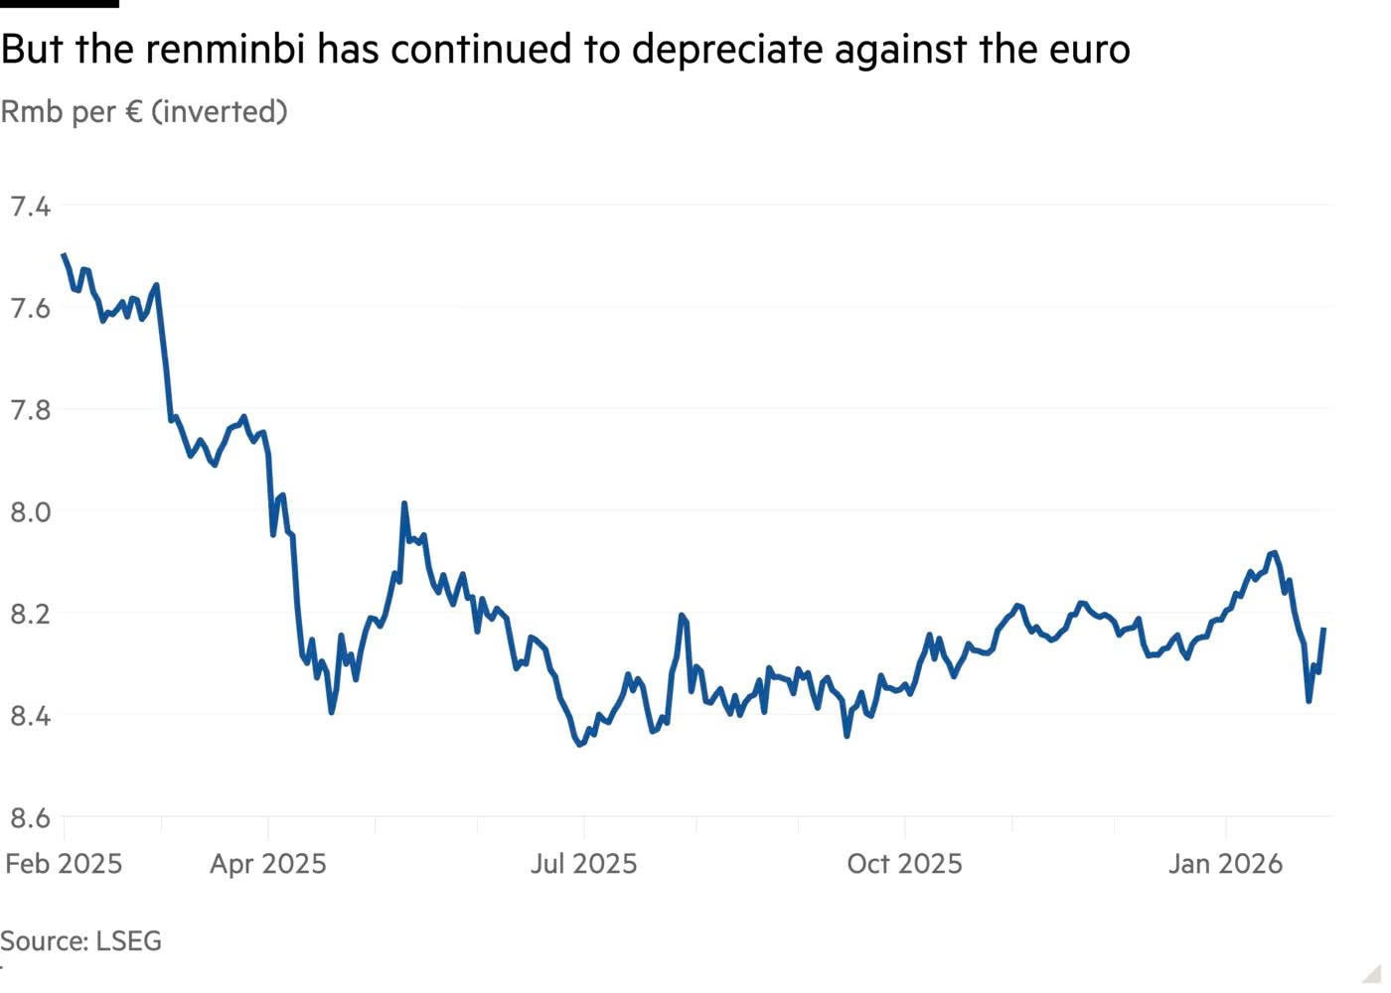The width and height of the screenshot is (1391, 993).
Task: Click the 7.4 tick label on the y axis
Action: [x=31, y=207]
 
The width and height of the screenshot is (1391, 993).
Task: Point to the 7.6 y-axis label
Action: [x=31, y=309]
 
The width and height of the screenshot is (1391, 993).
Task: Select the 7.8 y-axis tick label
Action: [x=31, y=410]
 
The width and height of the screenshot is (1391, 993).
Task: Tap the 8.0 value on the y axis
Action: [x=31, y=512]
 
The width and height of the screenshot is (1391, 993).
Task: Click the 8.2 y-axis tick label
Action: [x=31, y=615]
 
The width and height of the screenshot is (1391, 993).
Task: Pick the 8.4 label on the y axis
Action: [x=31, y=716]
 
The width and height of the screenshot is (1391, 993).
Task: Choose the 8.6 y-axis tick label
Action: [x=31, y=818]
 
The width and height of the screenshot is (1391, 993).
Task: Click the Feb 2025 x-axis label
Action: [x=64, y=864]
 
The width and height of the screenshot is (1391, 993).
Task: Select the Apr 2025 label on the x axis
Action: [x=268, y=864]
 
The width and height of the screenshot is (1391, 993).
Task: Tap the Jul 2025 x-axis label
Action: [x=584, y=864]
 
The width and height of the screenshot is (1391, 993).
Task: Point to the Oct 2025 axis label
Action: [x=905, y=864]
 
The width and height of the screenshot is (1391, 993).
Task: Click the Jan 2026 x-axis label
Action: [x=1225, y=864]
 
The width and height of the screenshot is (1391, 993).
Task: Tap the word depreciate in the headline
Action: [x=727, y=51]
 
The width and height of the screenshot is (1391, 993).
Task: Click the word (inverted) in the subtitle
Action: [x=220, y=112]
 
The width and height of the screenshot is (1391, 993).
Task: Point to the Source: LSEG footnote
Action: [x=80, y=941]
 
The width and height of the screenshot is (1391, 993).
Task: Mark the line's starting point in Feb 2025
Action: [x=64, y=254]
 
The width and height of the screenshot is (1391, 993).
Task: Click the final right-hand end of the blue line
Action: [x=1323, y=630]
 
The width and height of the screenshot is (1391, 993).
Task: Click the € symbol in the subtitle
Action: [x=134, y=112]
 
